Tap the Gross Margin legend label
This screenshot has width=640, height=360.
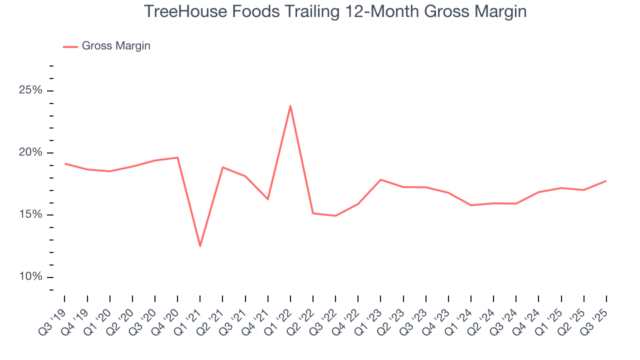(116, 46)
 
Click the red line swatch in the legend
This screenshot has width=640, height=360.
(70, 46)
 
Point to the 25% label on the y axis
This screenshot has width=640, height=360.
(30, 90)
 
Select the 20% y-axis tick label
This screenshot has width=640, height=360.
(30, 152)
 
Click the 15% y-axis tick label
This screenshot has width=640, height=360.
(30, 215)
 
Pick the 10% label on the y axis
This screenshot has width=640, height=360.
(30, 277)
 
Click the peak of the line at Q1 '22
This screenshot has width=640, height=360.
(290, 105)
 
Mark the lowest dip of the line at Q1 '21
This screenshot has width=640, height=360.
(200, 246)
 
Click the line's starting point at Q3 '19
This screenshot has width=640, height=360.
(65, 163)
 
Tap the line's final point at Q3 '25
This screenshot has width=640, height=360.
(606, 181)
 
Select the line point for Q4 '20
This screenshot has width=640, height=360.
(177, 157)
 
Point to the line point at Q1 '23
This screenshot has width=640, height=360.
(380, 179)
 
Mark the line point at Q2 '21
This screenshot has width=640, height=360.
(222, 167)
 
